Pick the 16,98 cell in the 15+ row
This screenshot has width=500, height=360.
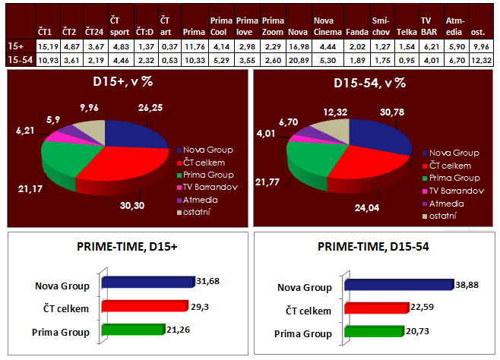(x=297, y=47)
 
